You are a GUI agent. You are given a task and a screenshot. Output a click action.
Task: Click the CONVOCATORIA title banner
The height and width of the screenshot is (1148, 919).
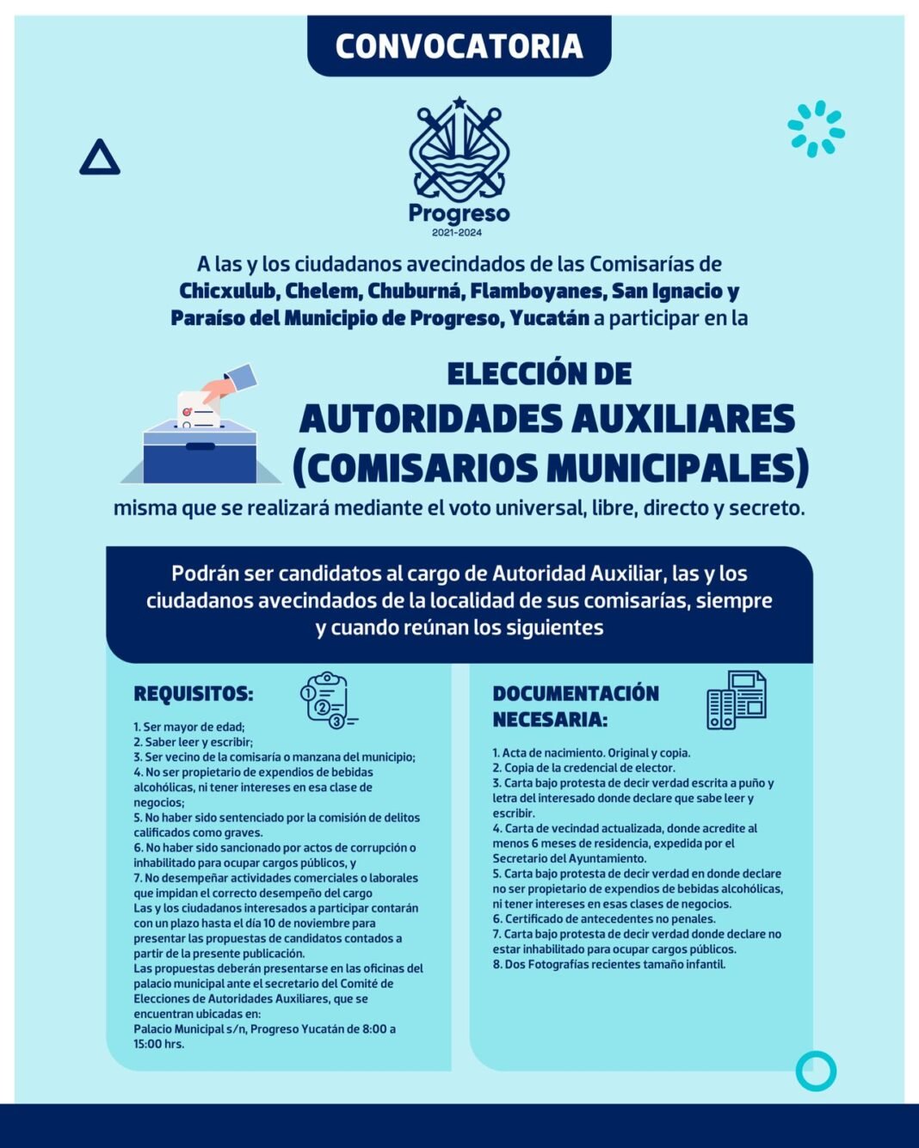[x=459, y=46]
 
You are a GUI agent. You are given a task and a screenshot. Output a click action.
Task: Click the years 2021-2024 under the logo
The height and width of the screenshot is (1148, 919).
[x=457, y=233]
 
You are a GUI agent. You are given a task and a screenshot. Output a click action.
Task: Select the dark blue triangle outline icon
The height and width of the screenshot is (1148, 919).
[x=100, y=158]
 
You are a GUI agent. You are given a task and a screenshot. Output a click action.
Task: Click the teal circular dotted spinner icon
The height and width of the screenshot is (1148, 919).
[x=816, y=129]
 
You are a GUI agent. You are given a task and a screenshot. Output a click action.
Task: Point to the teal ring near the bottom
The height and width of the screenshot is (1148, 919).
[x=816, y=1071]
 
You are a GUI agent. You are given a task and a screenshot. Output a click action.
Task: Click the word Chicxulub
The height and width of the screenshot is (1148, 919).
[x=227, y=292]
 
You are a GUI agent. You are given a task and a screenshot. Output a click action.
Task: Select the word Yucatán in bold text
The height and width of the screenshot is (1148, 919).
[x=549, y=318]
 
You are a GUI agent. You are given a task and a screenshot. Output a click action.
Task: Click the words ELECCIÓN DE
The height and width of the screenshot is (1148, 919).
[x=540, y=374]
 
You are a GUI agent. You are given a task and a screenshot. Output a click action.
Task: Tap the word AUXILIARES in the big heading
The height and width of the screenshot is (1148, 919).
[x=683, y=420]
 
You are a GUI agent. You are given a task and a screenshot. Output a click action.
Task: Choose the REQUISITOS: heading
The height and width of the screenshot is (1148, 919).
[x=194, y=694]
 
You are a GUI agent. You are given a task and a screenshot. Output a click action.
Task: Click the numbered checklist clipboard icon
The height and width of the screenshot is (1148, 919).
[x=326, y=699]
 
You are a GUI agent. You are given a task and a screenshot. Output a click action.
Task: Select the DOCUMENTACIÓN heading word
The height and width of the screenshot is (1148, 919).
[x=576, y=694]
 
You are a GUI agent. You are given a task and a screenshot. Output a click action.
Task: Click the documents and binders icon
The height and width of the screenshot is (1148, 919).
[x=737, y=699]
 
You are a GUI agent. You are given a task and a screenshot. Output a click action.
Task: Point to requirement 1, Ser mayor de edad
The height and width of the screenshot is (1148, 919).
[x=189, y=727]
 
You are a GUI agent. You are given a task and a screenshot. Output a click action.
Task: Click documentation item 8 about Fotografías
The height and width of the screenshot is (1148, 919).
[x=609, y=965]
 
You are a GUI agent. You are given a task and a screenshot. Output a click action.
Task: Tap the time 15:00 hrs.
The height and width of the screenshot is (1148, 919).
[x=159, y=1044]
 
